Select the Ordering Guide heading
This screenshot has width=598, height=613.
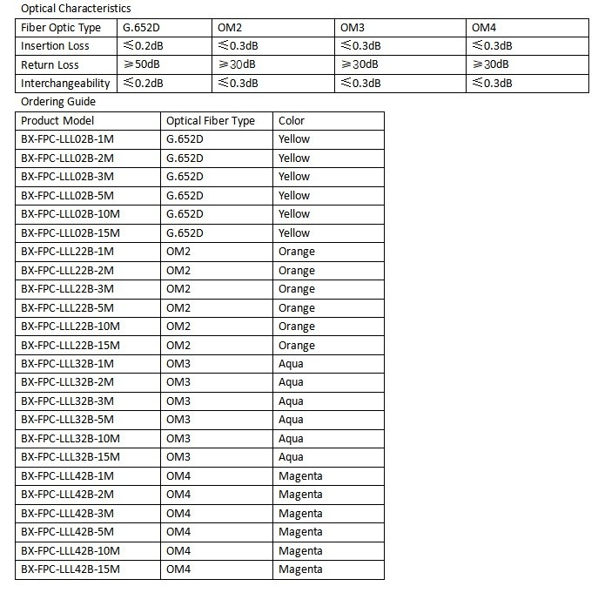tap(58, 102)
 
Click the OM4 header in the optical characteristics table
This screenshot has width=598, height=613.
tap(484, 28)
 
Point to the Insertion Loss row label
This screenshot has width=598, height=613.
tap(55, 46)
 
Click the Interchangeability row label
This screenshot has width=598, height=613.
tap(66, 84)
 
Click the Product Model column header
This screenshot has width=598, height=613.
tap(57, 121)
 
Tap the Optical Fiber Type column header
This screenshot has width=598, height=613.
tap(211, 121)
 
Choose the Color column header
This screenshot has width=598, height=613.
tap(292, 121)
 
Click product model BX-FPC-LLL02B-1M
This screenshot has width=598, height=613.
tap(67, 139)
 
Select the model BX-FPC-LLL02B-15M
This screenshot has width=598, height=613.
tap(70, 233)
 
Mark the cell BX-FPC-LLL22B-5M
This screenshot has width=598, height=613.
tap(67, 308)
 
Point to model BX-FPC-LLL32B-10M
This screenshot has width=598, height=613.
tap(70, 438)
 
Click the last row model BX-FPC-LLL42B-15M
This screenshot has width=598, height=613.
tap(70, 569)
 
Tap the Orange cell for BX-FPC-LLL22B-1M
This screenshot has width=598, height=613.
tap(297, 252)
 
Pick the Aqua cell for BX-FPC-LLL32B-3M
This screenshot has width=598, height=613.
tap(291, 401)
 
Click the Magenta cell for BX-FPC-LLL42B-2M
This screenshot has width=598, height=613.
tap(300, 495)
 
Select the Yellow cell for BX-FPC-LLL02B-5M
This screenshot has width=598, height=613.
tap(294, 196)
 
